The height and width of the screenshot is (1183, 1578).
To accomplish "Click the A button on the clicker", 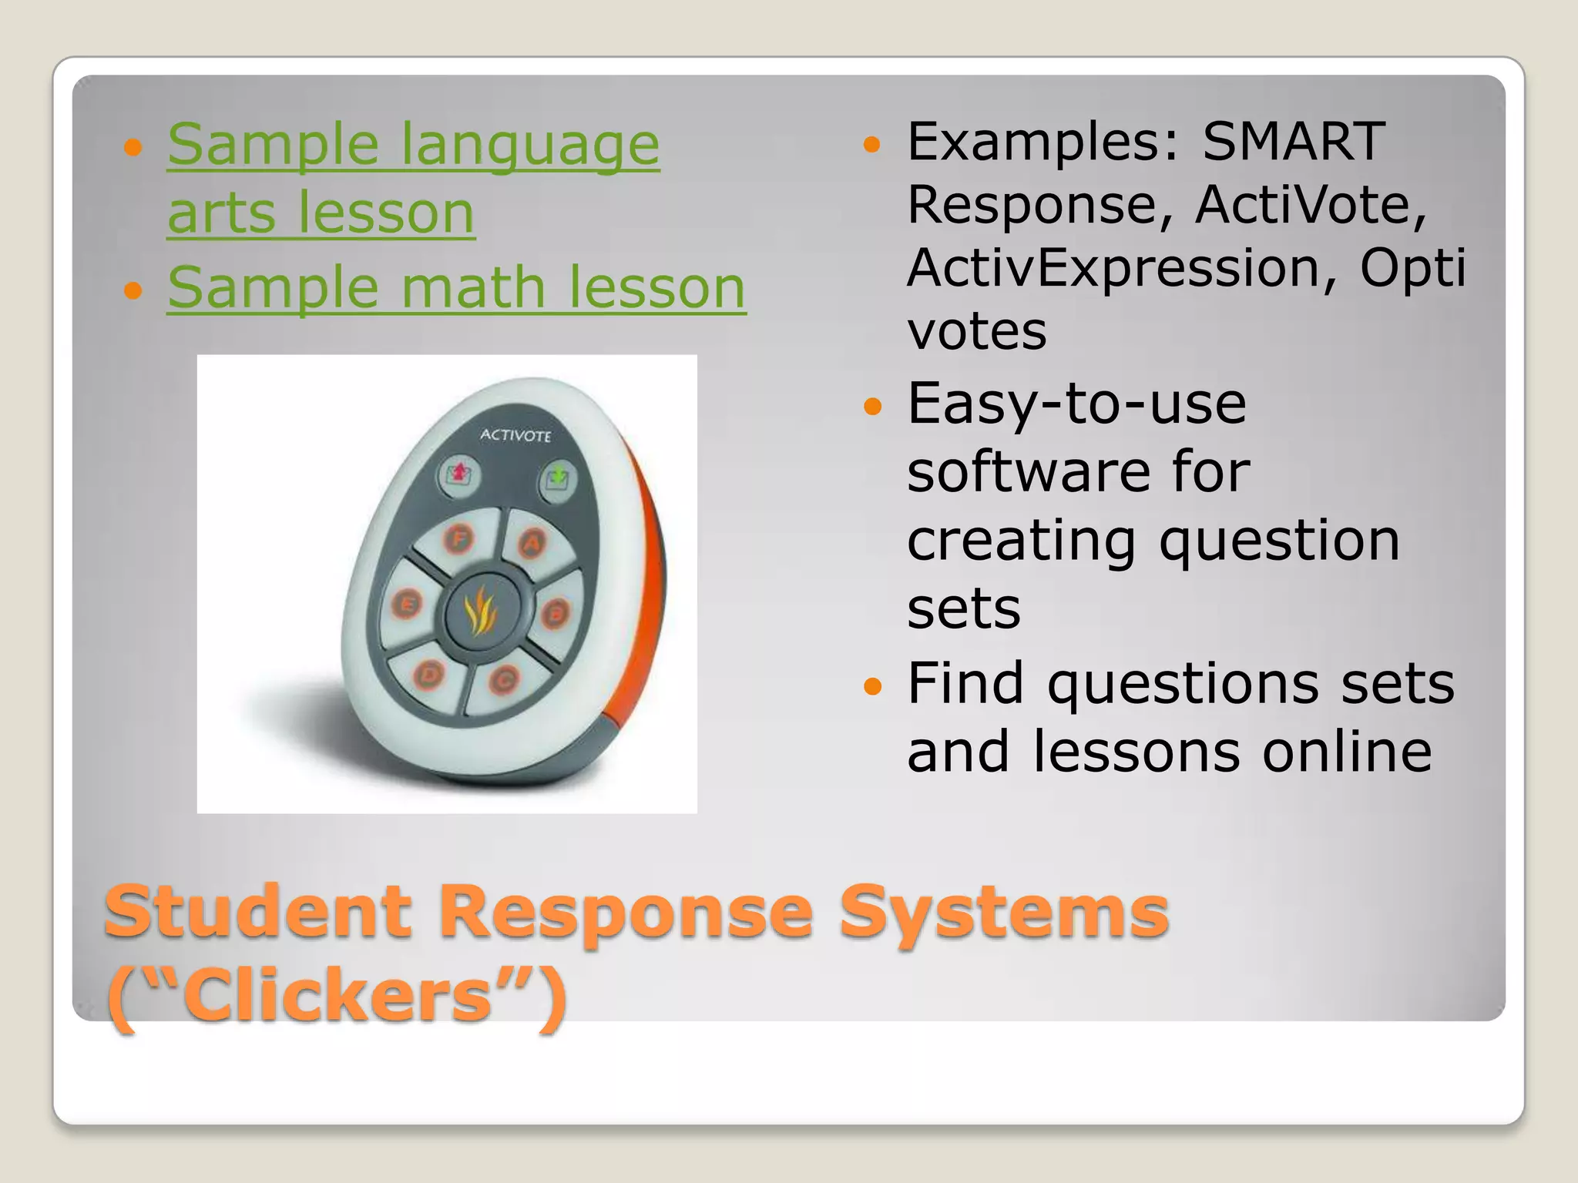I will [532, 544].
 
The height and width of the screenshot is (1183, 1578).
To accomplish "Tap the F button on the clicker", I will [460, 538].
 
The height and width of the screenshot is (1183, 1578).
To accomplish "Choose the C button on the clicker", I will [505, 680].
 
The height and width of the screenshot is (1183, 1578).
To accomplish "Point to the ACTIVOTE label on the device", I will [515, 435].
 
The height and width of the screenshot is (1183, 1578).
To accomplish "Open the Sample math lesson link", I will [456, 287].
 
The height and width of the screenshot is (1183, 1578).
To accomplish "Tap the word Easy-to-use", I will [1076, 404].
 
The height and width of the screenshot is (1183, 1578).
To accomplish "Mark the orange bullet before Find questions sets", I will [871, 685].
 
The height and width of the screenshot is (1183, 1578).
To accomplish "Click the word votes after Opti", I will [976, 331].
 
